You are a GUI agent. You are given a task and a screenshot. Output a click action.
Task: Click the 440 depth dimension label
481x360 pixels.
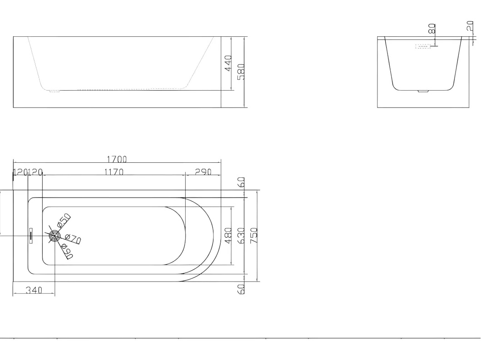(229, 63)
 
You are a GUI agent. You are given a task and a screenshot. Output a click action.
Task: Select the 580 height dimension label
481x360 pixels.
(241, 72)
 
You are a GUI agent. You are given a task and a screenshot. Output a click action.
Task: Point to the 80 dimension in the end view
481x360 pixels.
(432, 29)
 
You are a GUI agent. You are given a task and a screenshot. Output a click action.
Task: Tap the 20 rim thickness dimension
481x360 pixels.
(470, 26)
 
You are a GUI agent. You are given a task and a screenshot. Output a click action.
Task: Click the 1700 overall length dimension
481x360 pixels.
(117, 159)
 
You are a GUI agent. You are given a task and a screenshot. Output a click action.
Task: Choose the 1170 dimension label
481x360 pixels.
(114, 172)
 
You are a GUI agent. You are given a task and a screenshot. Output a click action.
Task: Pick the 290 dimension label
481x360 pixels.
(203, 172)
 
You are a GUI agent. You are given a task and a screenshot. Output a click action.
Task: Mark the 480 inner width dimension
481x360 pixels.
(228, 236)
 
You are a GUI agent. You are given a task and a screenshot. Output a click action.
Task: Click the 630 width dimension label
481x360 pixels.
(241, 236)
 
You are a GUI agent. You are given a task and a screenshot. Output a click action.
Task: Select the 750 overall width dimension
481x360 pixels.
(254, 236)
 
